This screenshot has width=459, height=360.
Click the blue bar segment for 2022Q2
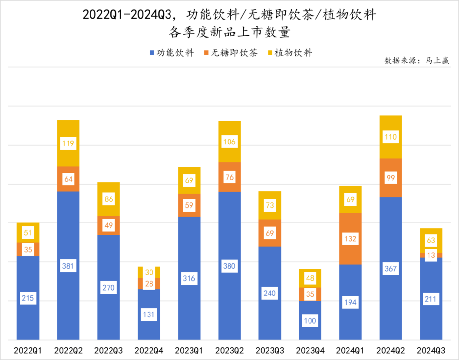pos(68,229)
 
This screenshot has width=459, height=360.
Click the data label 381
pos(68,266)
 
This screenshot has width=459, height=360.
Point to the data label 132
pos(350,239)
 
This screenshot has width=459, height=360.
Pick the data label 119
pos(68,143)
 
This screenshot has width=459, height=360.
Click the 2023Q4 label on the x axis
pos(310,351)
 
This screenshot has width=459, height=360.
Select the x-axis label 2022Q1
pos(28,351)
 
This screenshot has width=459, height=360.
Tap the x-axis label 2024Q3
pos(431,351)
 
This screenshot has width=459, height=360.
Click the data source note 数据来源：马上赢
pos(416,60)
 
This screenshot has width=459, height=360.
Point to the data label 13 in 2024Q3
pos(431,255)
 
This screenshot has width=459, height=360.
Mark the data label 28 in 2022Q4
pos(149,284)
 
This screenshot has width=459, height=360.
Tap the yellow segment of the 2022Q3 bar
pos(109,190)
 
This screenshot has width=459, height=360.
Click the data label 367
pos(390,269)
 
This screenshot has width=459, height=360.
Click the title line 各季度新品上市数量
pos(229,32)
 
